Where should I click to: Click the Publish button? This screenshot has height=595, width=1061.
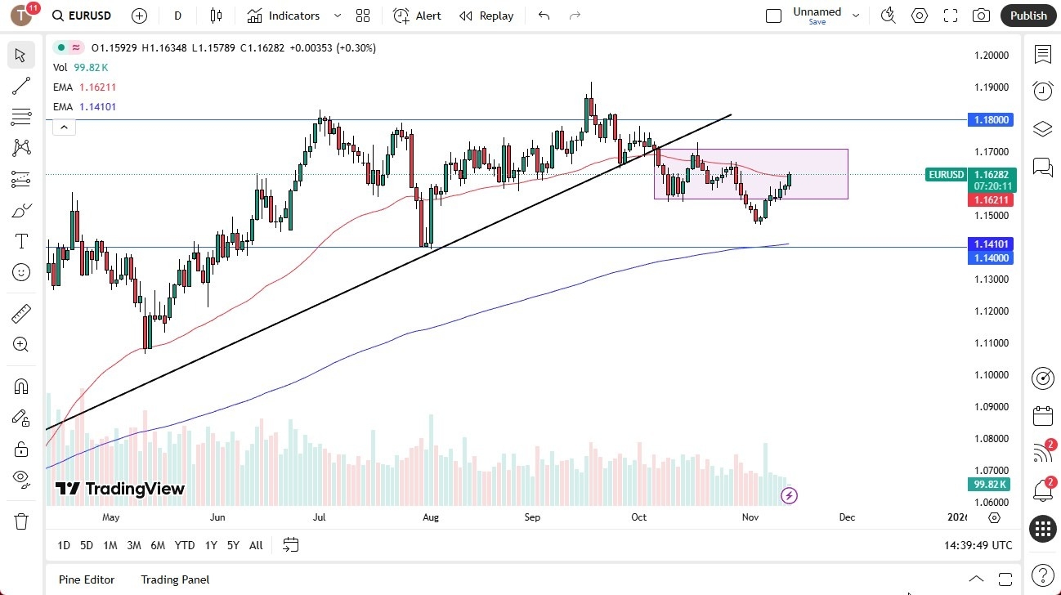click(1028, 16)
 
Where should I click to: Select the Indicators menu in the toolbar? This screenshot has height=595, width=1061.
click(294, 16)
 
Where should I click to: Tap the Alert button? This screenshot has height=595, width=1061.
click(417, 16)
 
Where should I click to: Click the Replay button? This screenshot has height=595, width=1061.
click(486, 16)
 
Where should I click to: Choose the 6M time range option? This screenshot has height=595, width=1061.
click(158, 545)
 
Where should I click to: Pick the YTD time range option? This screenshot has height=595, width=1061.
click(185, 545)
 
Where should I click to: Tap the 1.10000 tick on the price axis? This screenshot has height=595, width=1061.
click(992, 375)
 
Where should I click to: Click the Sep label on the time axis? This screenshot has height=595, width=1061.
click(532, 517)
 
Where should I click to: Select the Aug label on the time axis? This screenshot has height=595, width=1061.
click(431, 517)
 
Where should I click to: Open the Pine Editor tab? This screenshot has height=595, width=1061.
click(87, 579)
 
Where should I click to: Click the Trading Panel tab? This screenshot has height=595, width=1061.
click(175, 579)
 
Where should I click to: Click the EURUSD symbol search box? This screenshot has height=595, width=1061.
click(82, 16)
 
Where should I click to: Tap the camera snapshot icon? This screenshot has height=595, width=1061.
click(981, 16)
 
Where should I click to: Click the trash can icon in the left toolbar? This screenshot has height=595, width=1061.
click(21, 521)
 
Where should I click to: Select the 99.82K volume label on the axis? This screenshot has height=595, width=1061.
click(991, 485)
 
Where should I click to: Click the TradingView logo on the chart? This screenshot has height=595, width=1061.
click(120, 489)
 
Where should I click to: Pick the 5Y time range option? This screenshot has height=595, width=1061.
click(233, 545)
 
